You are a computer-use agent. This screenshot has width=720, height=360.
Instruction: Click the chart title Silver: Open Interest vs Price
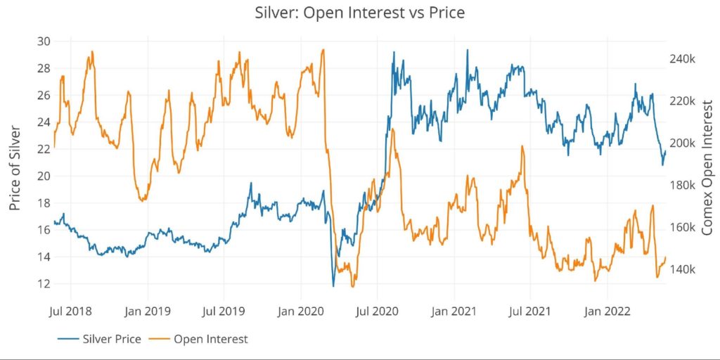coord(360,12)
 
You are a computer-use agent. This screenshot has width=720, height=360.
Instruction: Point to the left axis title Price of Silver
coord(15,169)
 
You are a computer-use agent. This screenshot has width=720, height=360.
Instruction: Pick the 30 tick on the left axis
coord(43,41)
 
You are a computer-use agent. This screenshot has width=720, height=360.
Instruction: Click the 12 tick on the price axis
coord(43,284)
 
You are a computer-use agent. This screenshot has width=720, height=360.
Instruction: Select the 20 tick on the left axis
coord(43,176)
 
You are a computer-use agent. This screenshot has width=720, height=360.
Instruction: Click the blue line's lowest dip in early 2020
coord(333,286)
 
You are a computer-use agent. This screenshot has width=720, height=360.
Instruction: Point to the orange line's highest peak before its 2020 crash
coord(323,50)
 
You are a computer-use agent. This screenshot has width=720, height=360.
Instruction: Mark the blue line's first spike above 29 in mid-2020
coord(393,52)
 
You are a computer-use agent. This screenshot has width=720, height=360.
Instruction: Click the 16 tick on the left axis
coord(43,230)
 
